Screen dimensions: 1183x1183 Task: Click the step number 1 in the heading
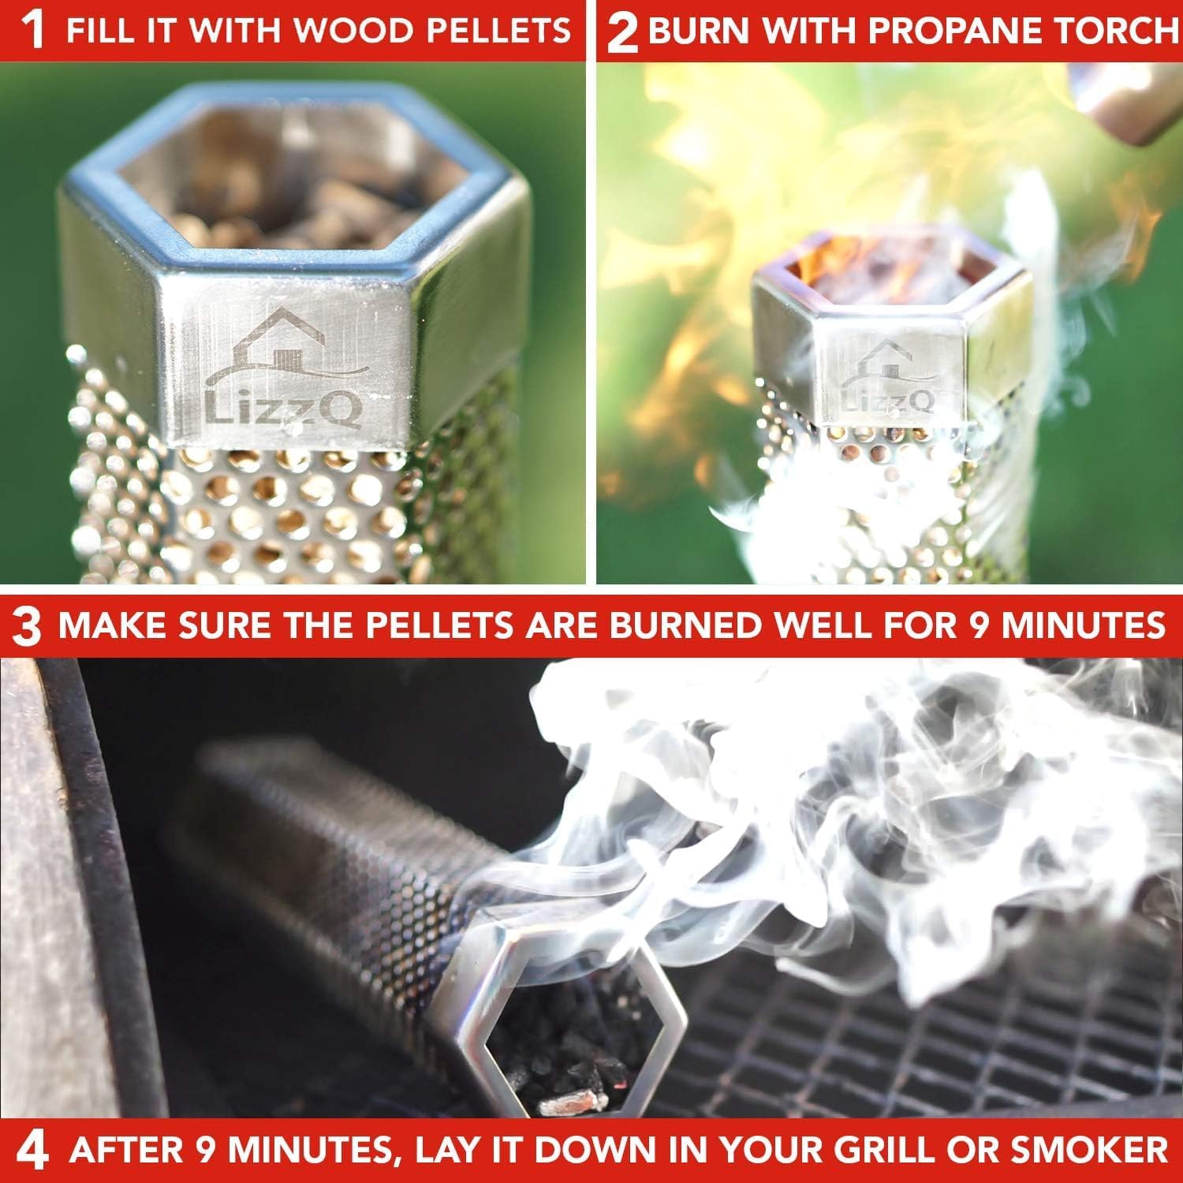tap(33, 32)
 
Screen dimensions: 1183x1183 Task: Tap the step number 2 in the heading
tap(622, 34)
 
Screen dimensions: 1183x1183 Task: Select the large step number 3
tap(28, 627)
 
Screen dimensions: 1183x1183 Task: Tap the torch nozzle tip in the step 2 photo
tap(1120, 103)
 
